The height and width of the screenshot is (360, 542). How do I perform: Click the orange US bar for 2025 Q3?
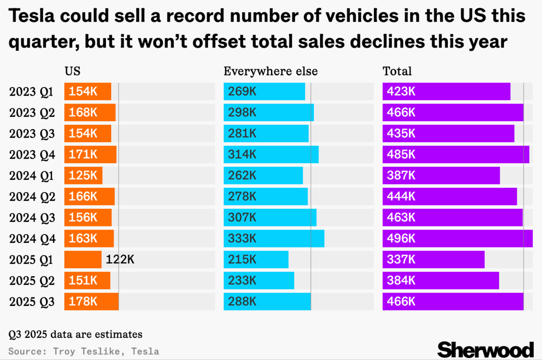pyautogui.click(x=91, y=302)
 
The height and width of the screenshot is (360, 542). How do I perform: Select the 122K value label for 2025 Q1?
pyautogui.click(x=120, y=260)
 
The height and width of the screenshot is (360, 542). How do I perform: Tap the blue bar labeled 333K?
pyautogui.click(x=274, y=239)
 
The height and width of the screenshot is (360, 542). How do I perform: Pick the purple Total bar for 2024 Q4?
pyautogui.click(x=457, y=239)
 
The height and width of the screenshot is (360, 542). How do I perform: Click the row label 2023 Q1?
pyautogui.click(x=31, y=92)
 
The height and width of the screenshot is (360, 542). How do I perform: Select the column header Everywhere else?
pyautogui.click(x=271, y=71)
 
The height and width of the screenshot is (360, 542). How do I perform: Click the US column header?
pyautogui.click(x=73, y=71)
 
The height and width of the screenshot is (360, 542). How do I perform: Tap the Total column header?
pyautogui.click(x=397, y=71)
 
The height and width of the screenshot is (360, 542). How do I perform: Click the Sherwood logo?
pyautogui.click(x=485, y=350)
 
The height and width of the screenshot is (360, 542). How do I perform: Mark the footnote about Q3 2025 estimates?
pyautogui.click(x=75, y=335)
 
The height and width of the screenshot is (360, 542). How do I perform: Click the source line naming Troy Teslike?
pyautogui.click(x=84, y=352)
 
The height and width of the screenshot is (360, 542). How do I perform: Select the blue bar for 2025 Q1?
pyautogui.click(x=256, y=260)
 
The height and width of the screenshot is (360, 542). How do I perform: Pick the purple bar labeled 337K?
pyautogui.click(x=433, y=260)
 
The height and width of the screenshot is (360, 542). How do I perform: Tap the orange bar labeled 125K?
pyautogui.click(x=83, y=176)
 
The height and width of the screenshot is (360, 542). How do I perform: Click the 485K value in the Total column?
pyautogui.click(x=401, y=155)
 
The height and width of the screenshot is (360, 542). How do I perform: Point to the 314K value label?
pyautogui.click(x=242, y=155)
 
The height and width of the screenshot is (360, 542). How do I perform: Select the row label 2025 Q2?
pyautogui.click(x=32, y=281)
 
